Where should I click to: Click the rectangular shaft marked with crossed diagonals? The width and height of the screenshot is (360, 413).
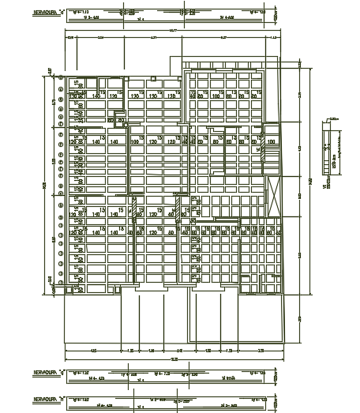[x=274, y=194]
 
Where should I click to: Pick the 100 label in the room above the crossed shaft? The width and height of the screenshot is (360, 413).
[x=271, y=142]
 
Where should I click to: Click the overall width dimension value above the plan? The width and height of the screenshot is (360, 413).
[x=173, y=32]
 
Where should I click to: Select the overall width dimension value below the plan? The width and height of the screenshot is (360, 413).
[x=173, y=359]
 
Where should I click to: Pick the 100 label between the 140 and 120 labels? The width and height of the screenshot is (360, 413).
[x=136, y=142]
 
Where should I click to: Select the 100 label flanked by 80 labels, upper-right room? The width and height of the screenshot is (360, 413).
[x=216, y=96]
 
